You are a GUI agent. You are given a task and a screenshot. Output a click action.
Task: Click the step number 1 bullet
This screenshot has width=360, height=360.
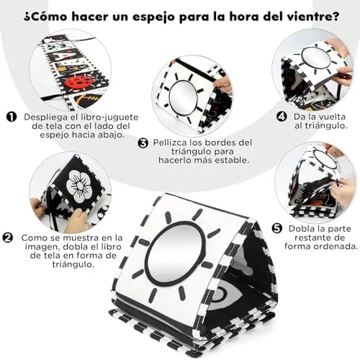pos(12,117)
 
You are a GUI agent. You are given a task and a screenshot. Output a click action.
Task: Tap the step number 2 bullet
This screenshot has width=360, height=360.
pos(8,238)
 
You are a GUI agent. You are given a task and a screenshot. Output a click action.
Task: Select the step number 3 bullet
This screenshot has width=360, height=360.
pos(143,143)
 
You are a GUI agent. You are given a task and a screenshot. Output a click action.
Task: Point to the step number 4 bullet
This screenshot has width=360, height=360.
pos(282,117)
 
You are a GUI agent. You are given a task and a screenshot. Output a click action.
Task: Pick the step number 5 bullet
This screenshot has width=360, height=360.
pos(277,228)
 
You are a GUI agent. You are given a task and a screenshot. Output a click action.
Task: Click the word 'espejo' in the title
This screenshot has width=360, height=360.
pos(158,17)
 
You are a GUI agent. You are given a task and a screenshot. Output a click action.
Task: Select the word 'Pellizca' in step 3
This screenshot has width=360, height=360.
pos(169,143)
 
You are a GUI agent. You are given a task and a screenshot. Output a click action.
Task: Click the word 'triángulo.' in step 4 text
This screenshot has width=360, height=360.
pos(321,126)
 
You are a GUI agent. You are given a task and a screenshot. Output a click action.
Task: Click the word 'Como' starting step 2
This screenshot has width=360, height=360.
pos(32,238)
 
